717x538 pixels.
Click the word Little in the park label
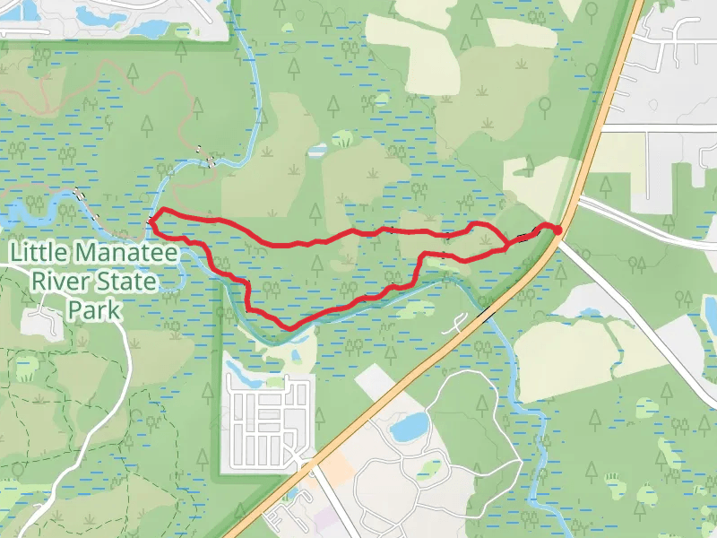tap(39, 252)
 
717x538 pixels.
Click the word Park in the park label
tap(93, 310)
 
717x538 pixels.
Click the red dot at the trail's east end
tap(557, 230)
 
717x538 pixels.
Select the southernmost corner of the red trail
tap(289, 326)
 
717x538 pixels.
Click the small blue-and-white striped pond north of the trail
tap(317, 150)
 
